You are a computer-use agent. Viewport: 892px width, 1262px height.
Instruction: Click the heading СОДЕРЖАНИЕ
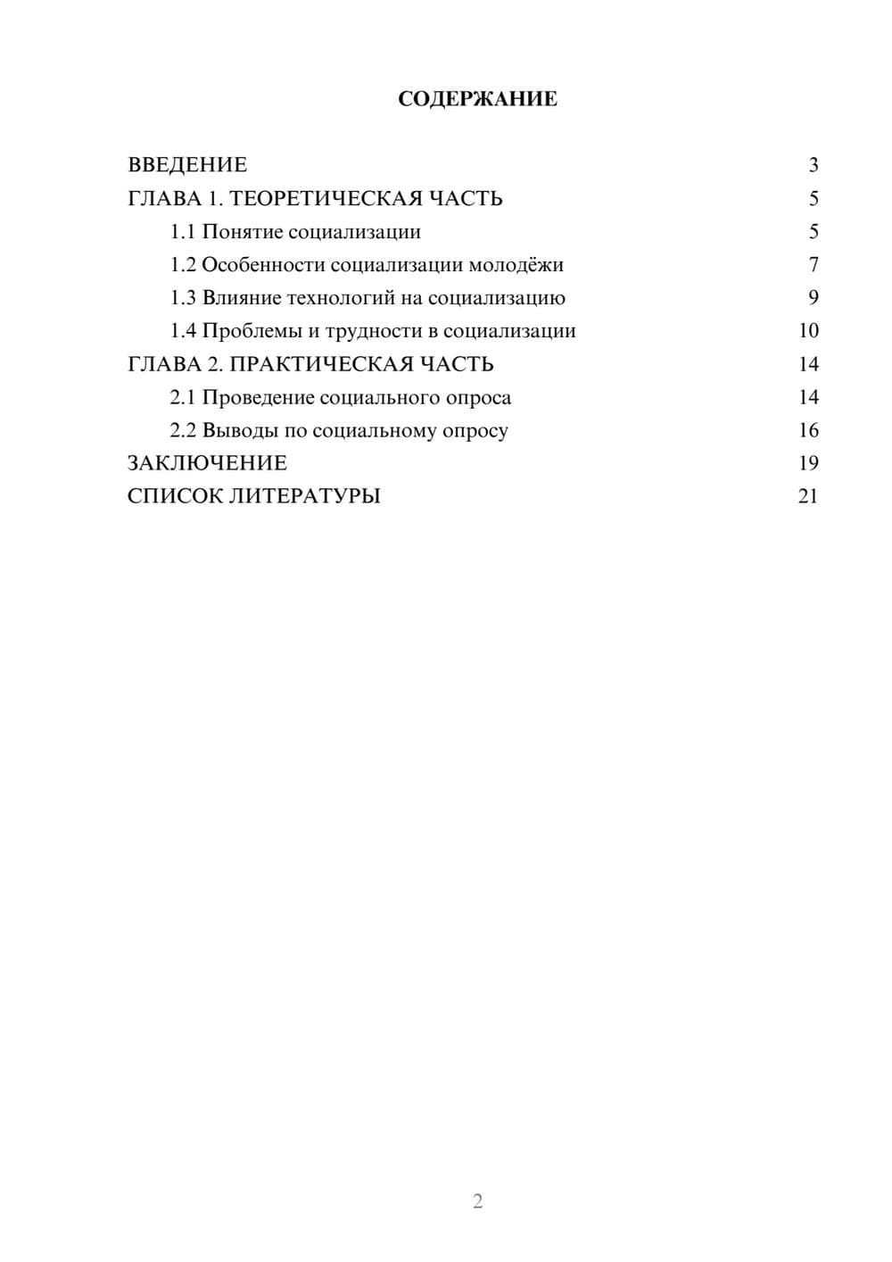tap(477, 99)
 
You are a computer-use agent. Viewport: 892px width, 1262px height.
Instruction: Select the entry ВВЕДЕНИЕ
tap(187, 165)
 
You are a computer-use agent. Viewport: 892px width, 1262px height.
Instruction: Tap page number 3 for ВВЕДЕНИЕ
tap(813, 165)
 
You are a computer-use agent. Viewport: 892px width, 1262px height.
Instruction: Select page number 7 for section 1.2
tap(813, 265)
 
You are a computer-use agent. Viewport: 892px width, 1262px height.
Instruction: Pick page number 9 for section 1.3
tap(813, 298)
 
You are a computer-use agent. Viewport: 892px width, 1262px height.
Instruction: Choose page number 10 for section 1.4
tap(808, 331)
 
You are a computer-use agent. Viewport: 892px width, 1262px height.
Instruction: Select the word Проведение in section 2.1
tap(258, 397)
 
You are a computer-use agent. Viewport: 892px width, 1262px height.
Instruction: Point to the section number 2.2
tap(183, 430)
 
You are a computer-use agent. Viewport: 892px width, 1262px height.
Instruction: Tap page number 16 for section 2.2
tap(808, 430)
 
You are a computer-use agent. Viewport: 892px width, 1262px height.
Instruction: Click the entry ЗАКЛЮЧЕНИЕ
tap(207, 463)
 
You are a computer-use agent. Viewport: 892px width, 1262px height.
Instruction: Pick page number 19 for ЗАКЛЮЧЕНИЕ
tap(808, 463)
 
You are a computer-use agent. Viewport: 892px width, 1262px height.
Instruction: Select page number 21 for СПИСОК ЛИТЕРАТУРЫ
tap(808, 496)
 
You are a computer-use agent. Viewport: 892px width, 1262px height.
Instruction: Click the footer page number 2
tap(477, 1201)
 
